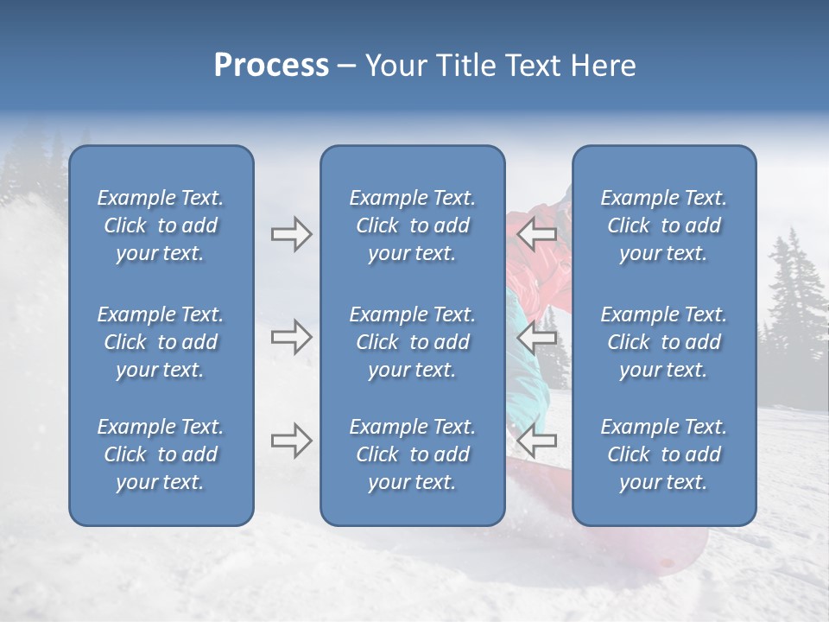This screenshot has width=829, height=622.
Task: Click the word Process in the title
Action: [271, 66]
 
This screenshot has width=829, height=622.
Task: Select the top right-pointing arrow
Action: [291, 234]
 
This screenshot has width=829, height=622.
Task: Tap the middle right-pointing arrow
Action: [291, 336]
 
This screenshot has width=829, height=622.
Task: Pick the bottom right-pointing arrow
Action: [291, 441]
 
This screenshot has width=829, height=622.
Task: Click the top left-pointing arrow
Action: [537, 234]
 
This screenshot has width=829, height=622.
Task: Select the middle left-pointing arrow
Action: [537, 336]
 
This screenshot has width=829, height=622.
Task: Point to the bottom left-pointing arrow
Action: [537, 441]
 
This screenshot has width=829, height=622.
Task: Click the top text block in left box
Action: [161, 225]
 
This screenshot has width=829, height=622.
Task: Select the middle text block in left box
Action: [161, 342]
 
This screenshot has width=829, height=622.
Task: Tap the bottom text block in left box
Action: [161, 454]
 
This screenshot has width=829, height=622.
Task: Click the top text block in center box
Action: [412, 225]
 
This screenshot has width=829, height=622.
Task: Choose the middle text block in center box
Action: [412, 342]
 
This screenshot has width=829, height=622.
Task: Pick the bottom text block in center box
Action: [412, 454]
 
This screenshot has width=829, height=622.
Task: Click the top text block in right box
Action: [663, 225]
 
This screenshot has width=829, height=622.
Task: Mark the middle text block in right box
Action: [663, 342]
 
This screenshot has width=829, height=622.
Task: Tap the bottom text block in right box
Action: [663, 454]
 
